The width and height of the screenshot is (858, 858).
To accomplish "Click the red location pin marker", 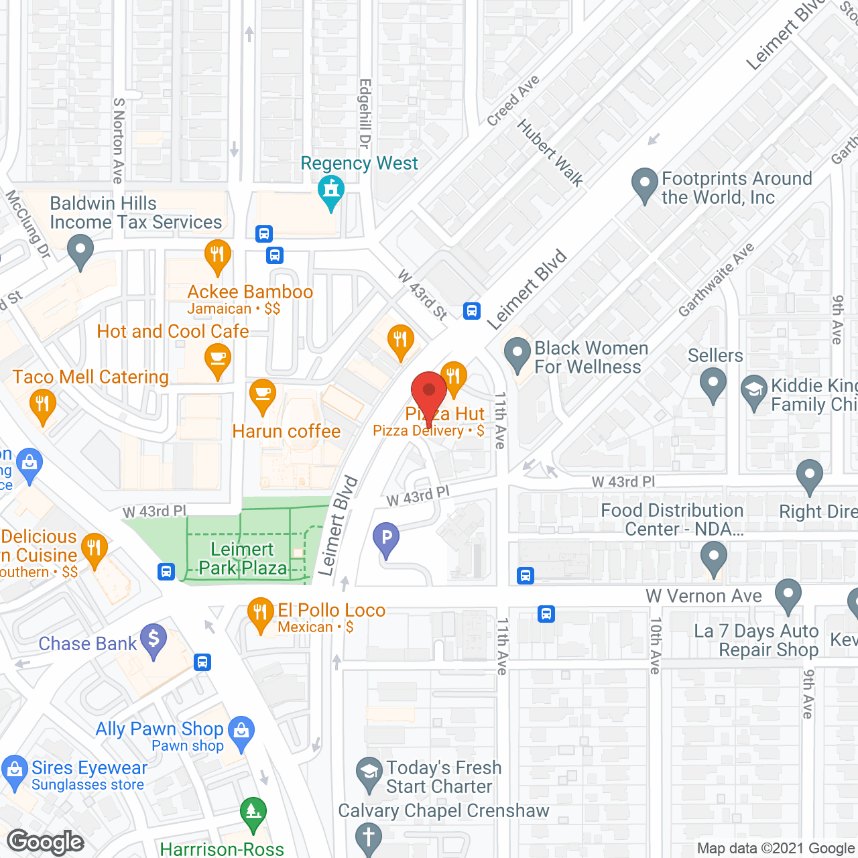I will (428, 392).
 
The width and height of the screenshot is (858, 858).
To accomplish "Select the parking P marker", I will (386, 538).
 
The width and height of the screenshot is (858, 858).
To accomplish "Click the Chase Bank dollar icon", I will (154, 639).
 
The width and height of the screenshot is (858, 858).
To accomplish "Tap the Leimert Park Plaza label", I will (242, 558).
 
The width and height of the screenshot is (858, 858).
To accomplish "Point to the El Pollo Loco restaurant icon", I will (260, 613).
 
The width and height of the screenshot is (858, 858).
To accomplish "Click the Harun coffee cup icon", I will (262, 395).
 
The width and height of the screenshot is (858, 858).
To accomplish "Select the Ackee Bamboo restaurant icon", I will (217, 256).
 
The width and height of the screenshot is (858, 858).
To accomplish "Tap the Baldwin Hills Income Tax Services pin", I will (80, 249).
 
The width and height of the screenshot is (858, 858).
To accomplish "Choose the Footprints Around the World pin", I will (645, 184).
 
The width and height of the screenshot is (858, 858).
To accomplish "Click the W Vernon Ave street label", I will (703, 596).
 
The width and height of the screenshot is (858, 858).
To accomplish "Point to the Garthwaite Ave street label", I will (716, 280).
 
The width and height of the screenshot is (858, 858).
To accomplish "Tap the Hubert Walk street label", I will (550, 153).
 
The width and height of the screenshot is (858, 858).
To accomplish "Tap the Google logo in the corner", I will (46, 842).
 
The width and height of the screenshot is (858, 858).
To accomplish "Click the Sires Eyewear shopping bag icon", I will (14, 772).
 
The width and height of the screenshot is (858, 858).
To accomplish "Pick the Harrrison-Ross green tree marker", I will (253, 813).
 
